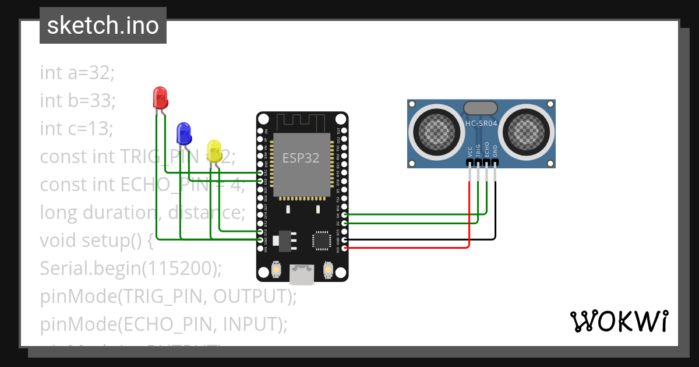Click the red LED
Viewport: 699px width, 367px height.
coord(160,98)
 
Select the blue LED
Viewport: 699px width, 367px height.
coord(183,133)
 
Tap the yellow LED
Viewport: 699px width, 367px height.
coord(214,151)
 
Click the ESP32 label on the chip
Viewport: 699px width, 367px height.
coord(301,158)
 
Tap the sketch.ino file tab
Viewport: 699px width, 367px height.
coord(103,26)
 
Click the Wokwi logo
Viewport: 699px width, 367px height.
coord(618,321)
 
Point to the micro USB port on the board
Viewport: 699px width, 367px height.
coord(302,274)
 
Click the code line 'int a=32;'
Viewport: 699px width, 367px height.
coord(77,73)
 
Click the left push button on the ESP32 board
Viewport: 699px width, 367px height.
coord(276,270)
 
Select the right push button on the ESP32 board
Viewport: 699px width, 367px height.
coord(328,270)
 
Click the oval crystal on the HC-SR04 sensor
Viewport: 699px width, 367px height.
coord(481,107)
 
